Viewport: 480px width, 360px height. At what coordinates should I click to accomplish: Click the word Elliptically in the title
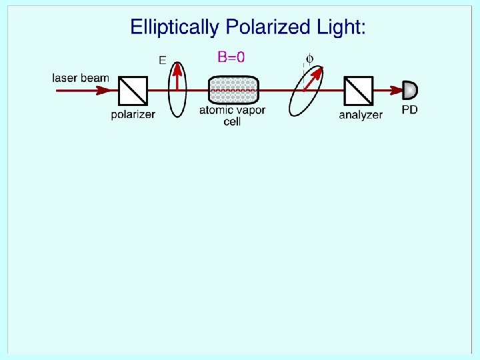tap(175, 28)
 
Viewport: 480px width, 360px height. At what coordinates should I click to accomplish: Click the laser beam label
tap(80, 78)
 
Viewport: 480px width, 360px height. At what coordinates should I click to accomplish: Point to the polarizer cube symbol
tap(133, 90)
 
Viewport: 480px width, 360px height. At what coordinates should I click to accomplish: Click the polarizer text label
tap(133, 114)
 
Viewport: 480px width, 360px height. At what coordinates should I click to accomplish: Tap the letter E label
tap(162, 60)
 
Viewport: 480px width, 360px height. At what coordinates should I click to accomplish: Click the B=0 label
tap(231, 57)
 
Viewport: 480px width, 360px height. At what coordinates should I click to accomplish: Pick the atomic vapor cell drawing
tap(233, 90)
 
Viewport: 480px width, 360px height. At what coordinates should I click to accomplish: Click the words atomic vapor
tap(232, 111)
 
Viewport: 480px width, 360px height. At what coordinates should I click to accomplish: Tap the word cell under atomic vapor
tap(232, 122)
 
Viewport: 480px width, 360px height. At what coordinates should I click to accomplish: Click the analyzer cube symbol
tap(359, 90)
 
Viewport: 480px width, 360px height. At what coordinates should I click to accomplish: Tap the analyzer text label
tap(361, 115)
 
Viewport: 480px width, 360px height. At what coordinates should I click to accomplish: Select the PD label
tap(409, 109)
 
